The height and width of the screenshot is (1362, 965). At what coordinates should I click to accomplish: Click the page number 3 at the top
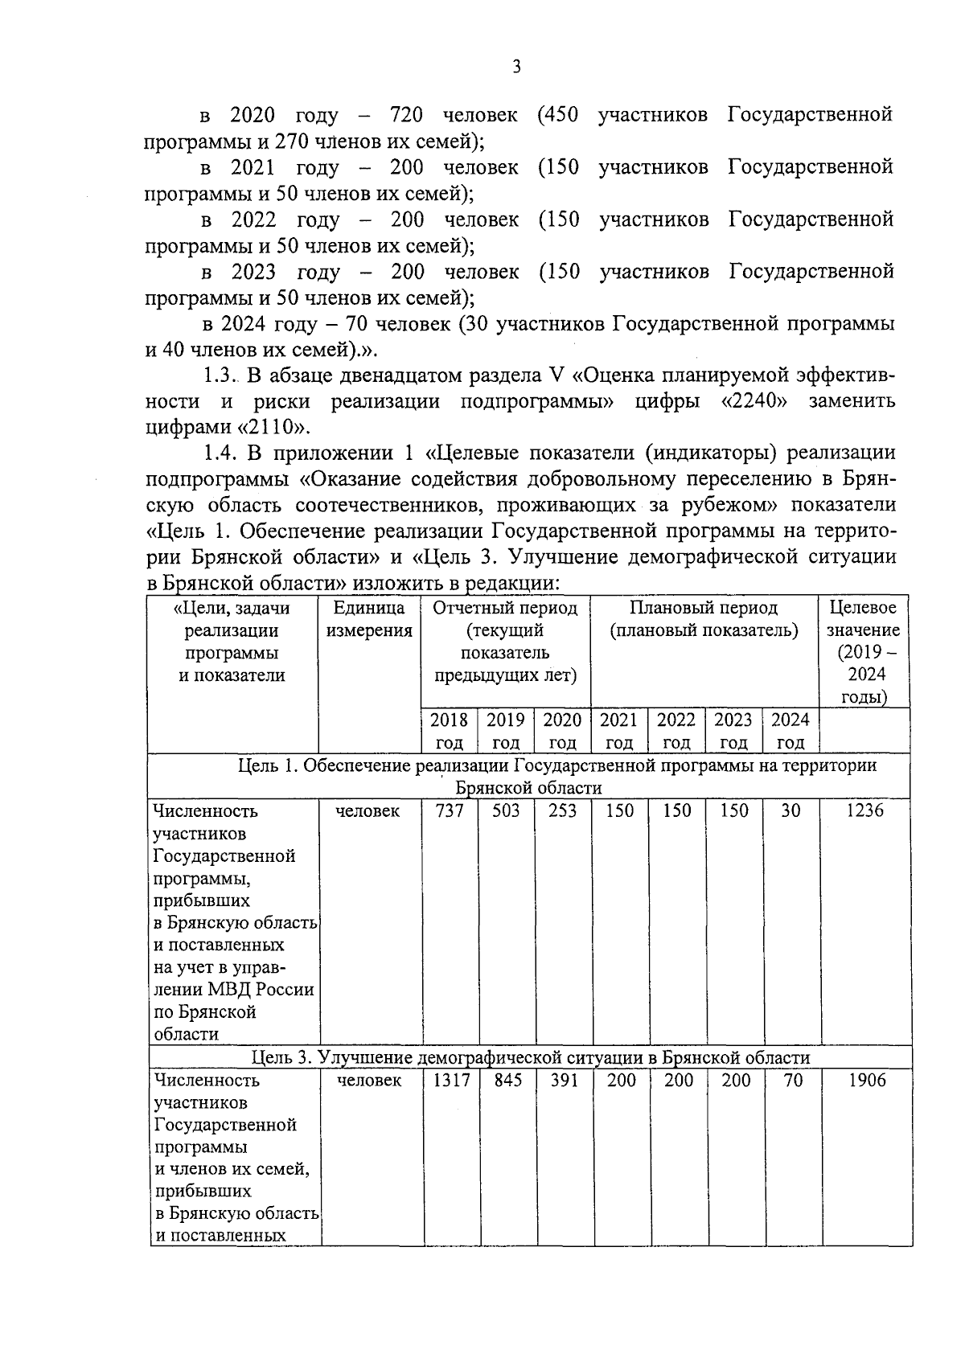(516, 68)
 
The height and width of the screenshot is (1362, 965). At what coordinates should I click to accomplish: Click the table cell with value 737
(450, 810)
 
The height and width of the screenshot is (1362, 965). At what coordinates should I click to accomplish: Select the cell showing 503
(506, 810)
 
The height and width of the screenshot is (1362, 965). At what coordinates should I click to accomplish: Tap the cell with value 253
(562, 810)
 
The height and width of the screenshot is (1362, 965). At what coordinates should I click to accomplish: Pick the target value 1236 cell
(865, 810)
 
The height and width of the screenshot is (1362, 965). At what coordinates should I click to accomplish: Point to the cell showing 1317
(451, 1081)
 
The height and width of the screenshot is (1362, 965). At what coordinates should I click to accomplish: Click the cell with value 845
(508, 1081)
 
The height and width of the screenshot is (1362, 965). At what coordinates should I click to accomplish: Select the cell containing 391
(564, 1081)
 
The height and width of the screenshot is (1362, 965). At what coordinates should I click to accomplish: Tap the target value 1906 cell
(867, 1081)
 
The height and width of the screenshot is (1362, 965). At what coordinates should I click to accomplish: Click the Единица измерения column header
(369, 620)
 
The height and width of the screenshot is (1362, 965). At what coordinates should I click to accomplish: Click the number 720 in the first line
(406, 115)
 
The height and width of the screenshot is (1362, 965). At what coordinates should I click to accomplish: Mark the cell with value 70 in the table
(793, 1081)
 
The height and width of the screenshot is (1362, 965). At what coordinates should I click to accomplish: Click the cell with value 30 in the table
(791, 810)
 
